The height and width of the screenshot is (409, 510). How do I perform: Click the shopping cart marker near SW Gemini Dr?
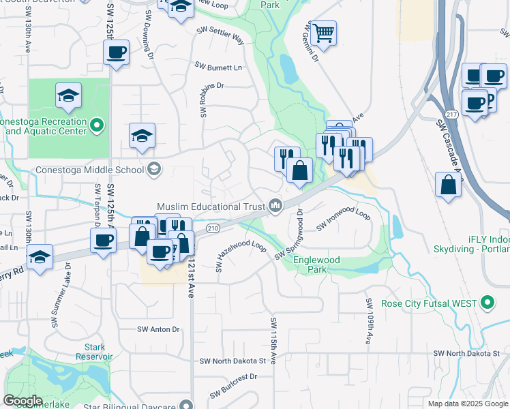pos(323,32)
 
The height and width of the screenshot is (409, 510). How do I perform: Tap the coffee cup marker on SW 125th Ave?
pos(117,52)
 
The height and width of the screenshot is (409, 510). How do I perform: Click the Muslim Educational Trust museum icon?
pos(275,205)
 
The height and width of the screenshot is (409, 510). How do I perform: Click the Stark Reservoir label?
pos(94,352)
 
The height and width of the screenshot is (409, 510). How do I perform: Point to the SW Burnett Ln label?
pos(218,67)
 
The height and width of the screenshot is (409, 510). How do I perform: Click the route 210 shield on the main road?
pos(212,228)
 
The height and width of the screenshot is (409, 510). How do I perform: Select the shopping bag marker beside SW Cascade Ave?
pos(449,185)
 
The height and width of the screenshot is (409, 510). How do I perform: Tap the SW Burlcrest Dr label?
pos(233,385)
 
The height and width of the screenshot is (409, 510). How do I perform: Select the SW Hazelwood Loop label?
pos(240,255)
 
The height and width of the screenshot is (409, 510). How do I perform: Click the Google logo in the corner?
pos(22,400)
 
